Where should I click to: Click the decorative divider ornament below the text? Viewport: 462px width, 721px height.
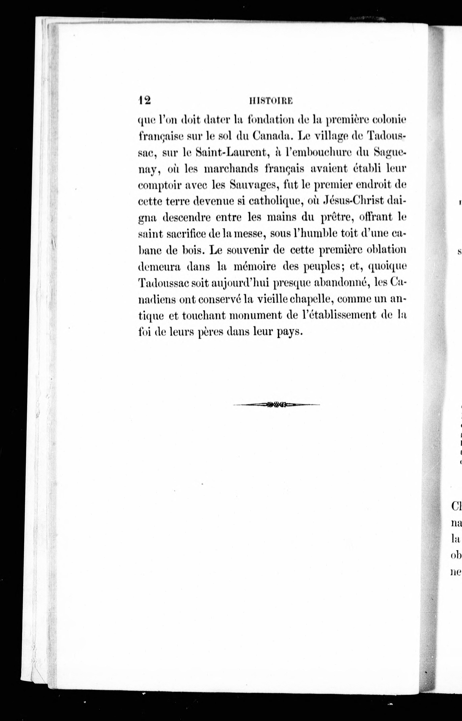coord(276,405)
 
